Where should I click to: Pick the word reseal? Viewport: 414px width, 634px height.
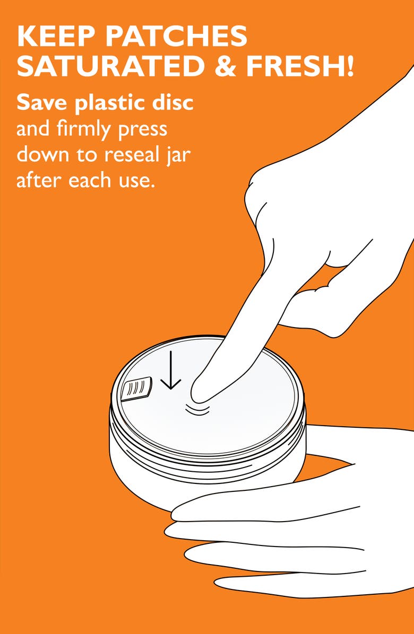click(131, 154)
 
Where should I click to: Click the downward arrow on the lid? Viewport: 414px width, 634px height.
click(171, 370)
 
